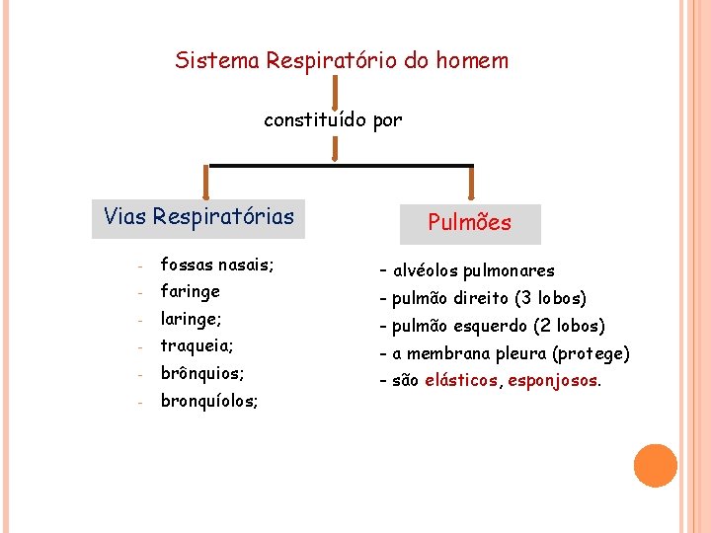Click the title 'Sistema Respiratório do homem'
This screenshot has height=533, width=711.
point(342,61)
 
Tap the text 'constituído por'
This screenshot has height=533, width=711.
point(333,120)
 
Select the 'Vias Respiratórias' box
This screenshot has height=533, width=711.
point(198,217)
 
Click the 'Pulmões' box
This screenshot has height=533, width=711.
point(469,223)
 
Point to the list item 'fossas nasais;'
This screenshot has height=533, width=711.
point(217,265)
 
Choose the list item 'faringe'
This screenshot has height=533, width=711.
point(190,292)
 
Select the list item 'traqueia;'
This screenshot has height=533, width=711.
point(197,346)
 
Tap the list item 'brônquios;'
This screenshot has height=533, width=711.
point(202,374)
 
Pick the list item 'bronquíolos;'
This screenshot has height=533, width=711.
point(209,402)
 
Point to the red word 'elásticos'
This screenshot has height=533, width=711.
point(461,381)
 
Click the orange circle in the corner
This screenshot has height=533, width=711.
point(656,466)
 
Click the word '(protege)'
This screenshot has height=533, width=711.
point(591,353)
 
